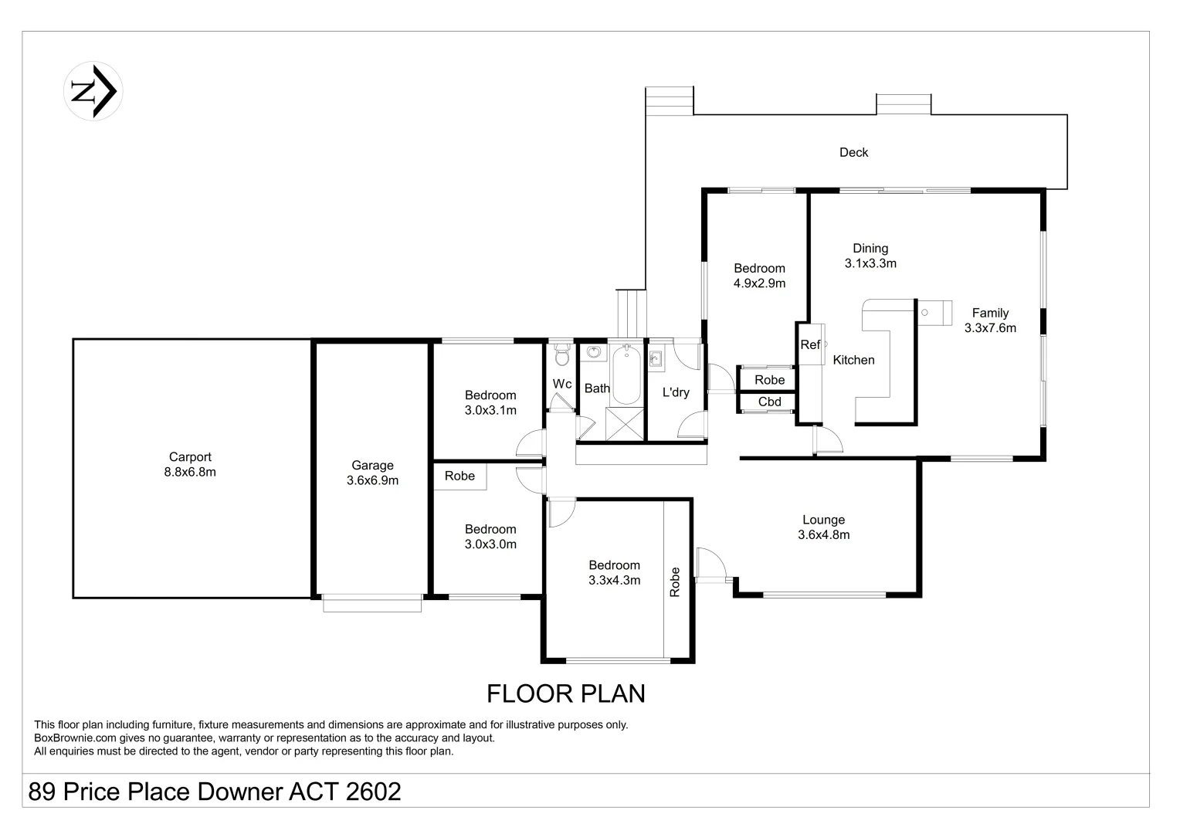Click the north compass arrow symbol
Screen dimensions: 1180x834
tap(93, 91)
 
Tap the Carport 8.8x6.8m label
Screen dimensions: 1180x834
tap(190, 464)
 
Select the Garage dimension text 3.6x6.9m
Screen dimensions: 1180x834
tap(372, 480)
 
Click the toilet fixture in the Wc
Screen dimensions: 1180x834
tap(562, 354)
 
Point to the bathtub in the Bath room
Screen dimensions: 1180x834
tap(626, 375)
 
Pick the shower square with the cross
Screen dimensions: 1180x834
tap(625, 423)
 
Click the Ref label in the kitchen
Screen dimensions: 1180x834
tap(810, 344)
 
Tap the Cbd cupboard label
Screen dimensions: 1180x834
tap(770, 402)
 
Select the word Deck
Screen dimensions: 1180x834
tap(853, 152)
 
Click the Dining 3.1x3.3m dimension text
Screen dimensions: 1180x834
tap(870, 263)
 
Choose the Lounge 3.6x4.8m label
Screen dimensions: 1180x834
tap(824, 527)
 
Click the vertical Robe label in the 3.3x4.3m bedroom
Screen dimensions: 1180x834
tap(675, 582)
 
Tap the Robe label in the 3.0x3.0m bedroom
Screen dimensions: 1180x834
tap(459, 476)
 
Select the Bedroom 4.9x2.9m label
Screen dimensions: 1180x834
tap(760, 276)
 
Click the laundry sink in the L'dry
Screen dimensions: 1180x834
tap(655, 359)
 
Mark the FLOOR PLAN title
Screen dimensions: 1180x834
tap(566, 694)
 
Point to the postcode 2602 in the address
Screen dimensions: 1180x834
tap(373, 792)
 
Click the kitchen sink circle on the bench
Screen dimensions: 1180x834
tap(924, 313)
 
